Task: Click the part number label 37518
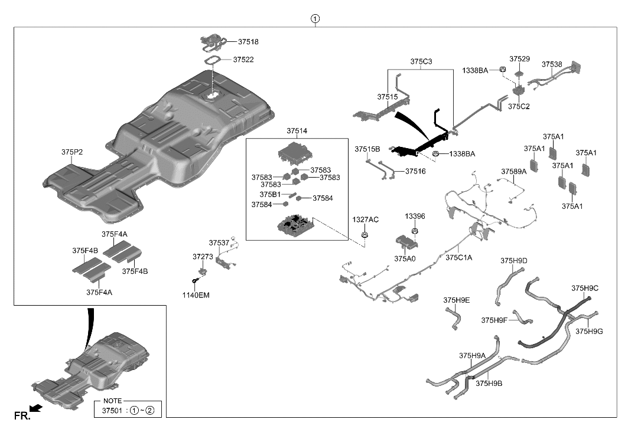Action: pos(248,42)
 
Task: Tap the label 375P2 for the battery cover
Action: pos(71,152)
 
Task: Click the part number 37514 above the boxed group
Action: pos(297,130)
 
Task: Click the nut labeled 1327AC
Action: pos(365,236)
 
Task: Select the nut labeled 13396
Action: pos(415,230)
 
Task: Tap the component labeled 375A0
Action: pos(406,243)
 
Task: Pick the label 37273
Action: pos(202,257)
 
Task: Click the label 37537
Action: pos(219,243)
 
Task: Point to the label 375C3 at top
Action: pos(421,61)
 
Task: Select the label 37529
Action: pos(519,60)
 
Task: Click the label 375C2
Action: pos(519,106)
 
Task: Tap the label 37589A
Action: pos(513,172)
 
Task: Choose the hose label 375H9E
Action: pos(457,300)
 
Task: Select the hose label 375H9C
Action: pos(585,288)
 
